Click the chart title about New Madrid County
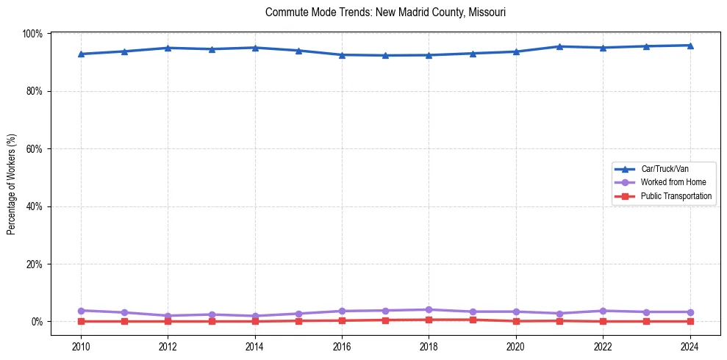pyautogui.click(x=385, y=12)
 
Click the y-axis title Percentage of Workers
pyautogui.click(x=11, y=177)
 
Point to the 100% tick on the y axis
pyautogui.click(x=33, y=34)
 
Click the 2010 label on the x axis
pyautogui.click(x=81, y=345)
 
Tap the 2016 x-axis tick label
pyautogui.click(x=342, y=345)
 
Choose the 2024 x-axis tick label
pyautogui.click(x=690, y=345)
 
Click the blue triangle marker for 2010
pyautogui.click(x=81, y=54)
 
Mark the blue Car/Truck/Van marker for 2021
pyautogui.click(x=559, y=47)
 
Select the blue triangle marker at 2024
pyautogui.click(x=690, y=46)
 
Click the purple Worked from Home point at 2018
pyautogui.click(x=429, y=309)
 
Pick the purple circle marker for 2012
pyautogui.click(x=168, y=316)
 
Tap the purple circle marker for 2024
pyautogui.click(x=690, y=312)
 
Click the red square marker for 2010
pyautogui.click(x=81, y=321)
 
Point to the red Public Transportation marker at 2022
pyautogui.click(x=603, y=321)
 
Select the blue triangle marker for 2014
pyautogui.click(x=254, y=48)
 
